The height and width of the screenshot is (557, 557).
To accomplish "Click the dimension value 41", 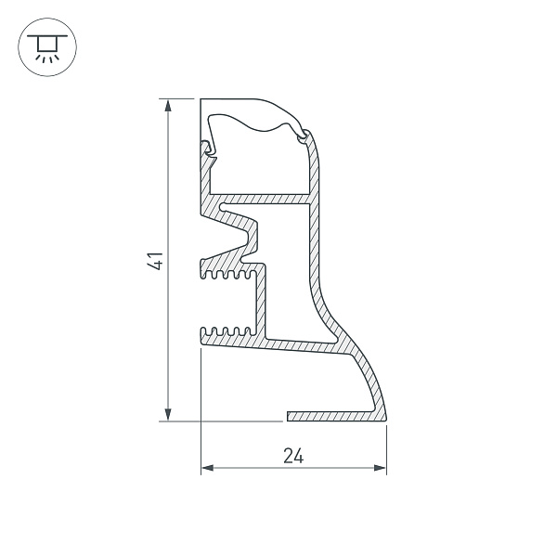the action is coord(155,261).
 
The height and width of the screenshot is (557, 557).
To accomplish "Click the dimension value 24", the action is coord(293,456).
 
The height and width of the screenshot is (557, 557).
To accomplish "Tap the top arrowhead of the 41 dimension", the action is coord(168,106).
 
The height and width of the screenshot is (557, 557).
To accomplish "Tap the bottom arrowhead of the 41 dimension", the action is coord(168,414).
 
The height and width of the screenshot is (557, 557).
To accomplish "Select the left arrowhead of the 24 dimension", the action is coord(207,468).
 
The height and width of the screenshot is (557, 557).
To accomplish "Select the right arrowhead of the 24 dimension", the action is coord(380,468).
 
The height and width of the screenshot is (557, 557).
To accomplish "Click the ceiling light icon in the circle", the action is coord(47,47).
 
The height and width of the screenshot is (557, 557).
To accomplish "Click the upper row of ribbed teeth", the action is coord(228,275).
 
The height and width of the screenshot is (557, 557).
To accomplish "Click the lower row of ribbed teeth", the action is coord(228,331).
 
